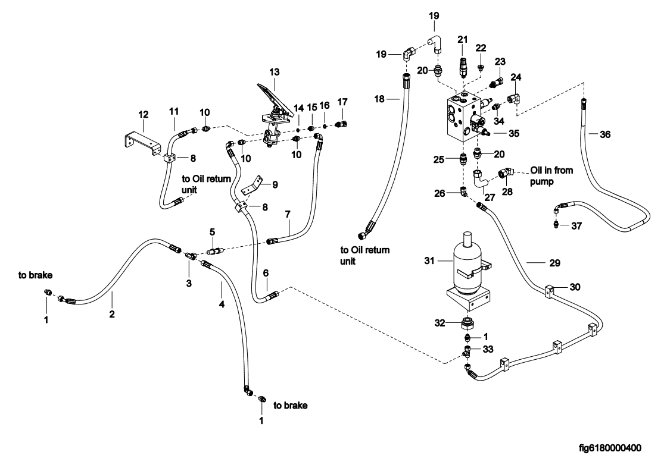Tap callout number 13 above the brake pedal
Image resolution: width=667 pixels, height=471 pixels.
[274, 71]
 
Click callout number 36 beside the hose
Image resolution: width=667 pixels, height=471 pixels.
[605, 135]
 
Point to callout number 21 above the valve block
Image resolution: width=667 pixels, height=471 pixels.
[463, 39]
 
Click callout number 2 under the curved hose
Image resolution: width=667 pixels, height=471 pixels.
[111, 314]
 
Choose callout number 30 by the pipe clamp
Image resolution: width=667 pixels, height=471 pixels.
[575, 287]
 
